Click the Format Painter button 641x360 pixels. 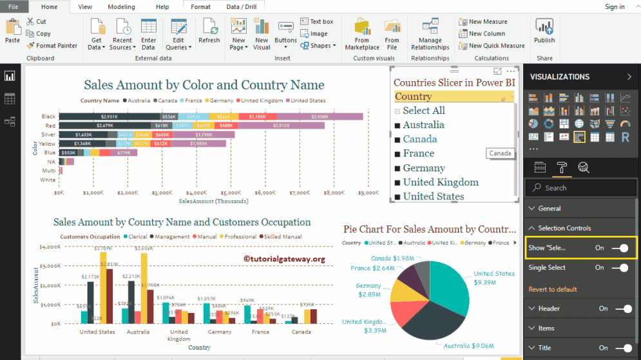(52, 46)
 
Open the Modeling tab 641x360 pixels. (121, 7)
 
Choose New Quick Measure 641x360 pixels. (492, 46)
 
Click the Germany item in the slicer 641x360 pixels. (424, 167)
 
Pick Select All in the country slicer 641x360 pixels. (423, 111)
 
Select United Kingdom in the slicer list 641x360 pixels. (441, 182)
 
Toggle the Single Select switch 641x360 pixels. (619, 267)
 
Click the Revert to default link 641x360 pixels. (553, 289)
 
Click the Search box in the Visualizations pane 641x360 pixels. (580, 188)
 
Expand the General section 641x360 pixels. (550, 208)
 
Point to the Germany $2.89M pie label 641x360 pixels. (368, 290)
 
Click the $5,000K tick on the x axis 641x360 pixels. (231, 193)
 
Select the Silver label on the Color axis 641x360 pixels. (48, 135)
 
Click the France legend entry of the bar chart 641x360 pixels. (192, 100)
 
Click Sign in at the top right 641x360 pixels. (615, 7)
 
